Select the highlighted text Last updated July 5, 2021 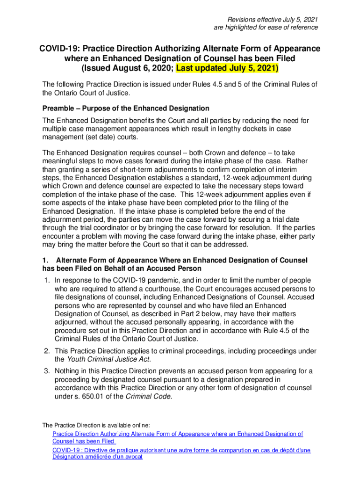tap(227, 68)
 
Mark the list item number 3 tap(47, 371)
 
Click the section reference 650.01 tap(97, 397)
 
